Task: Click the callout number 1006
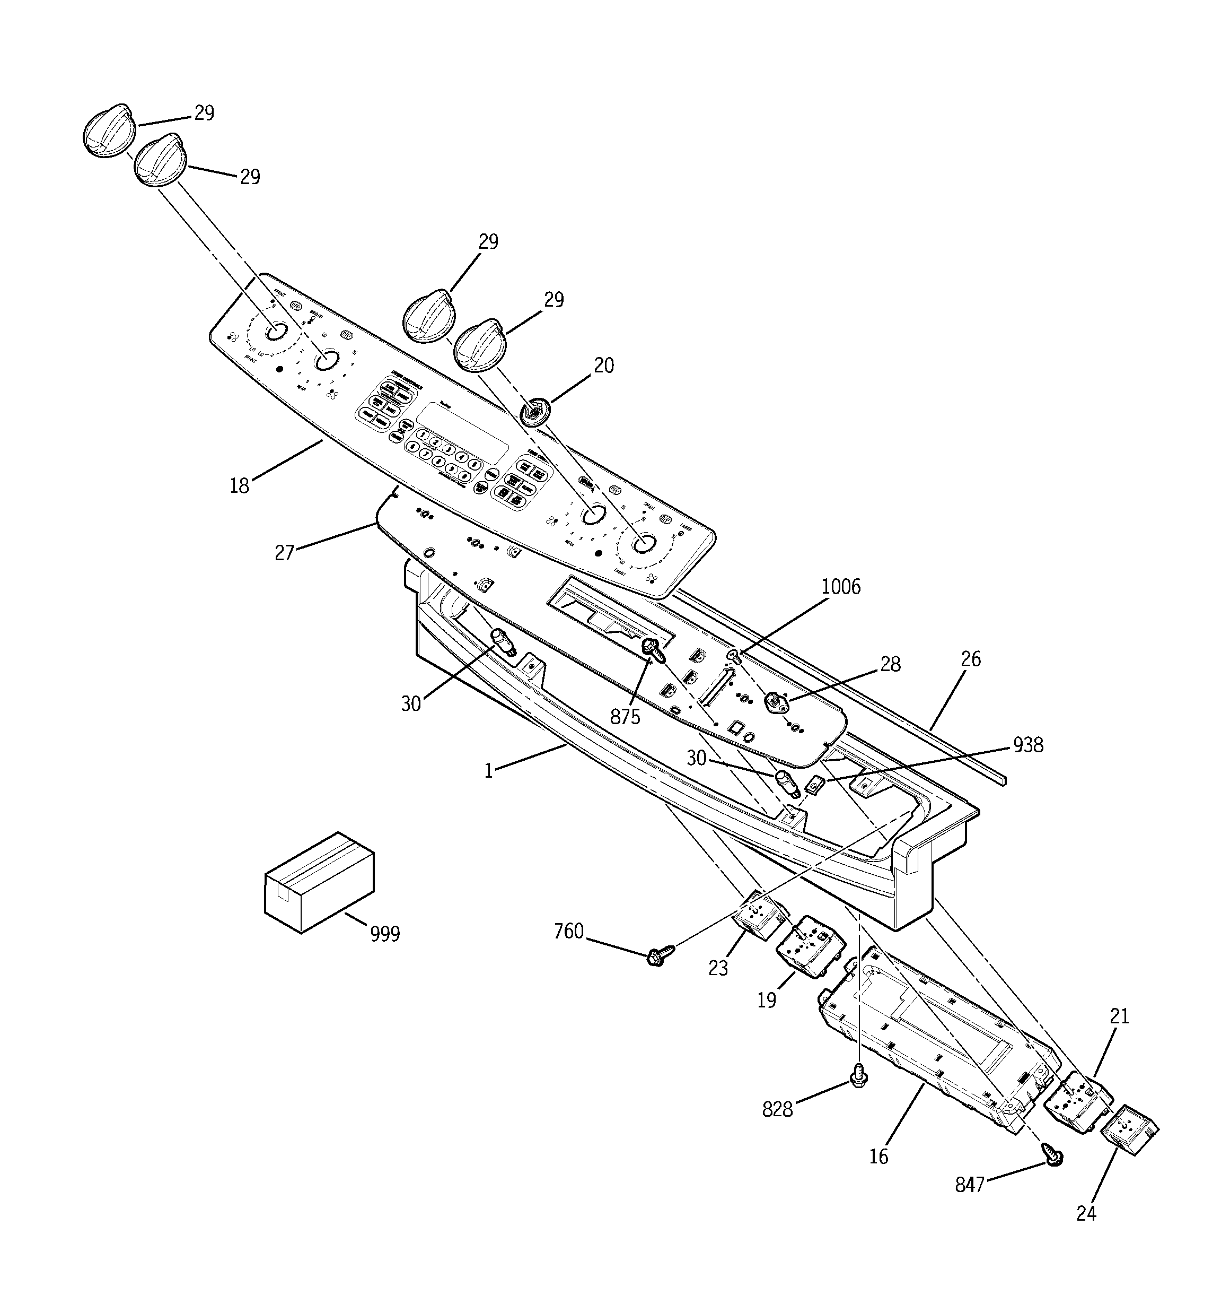(x=840, y=587)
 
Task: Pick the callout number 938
(x=1028, y=745)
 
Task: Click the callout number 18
(x=239, y=485)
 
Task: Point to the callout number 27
(x=285, y=552)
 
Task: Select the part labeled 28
(x=774, y=703)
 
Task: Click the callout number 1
(x=489, y=771)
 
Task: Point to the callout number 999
(x=384, y=934)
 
